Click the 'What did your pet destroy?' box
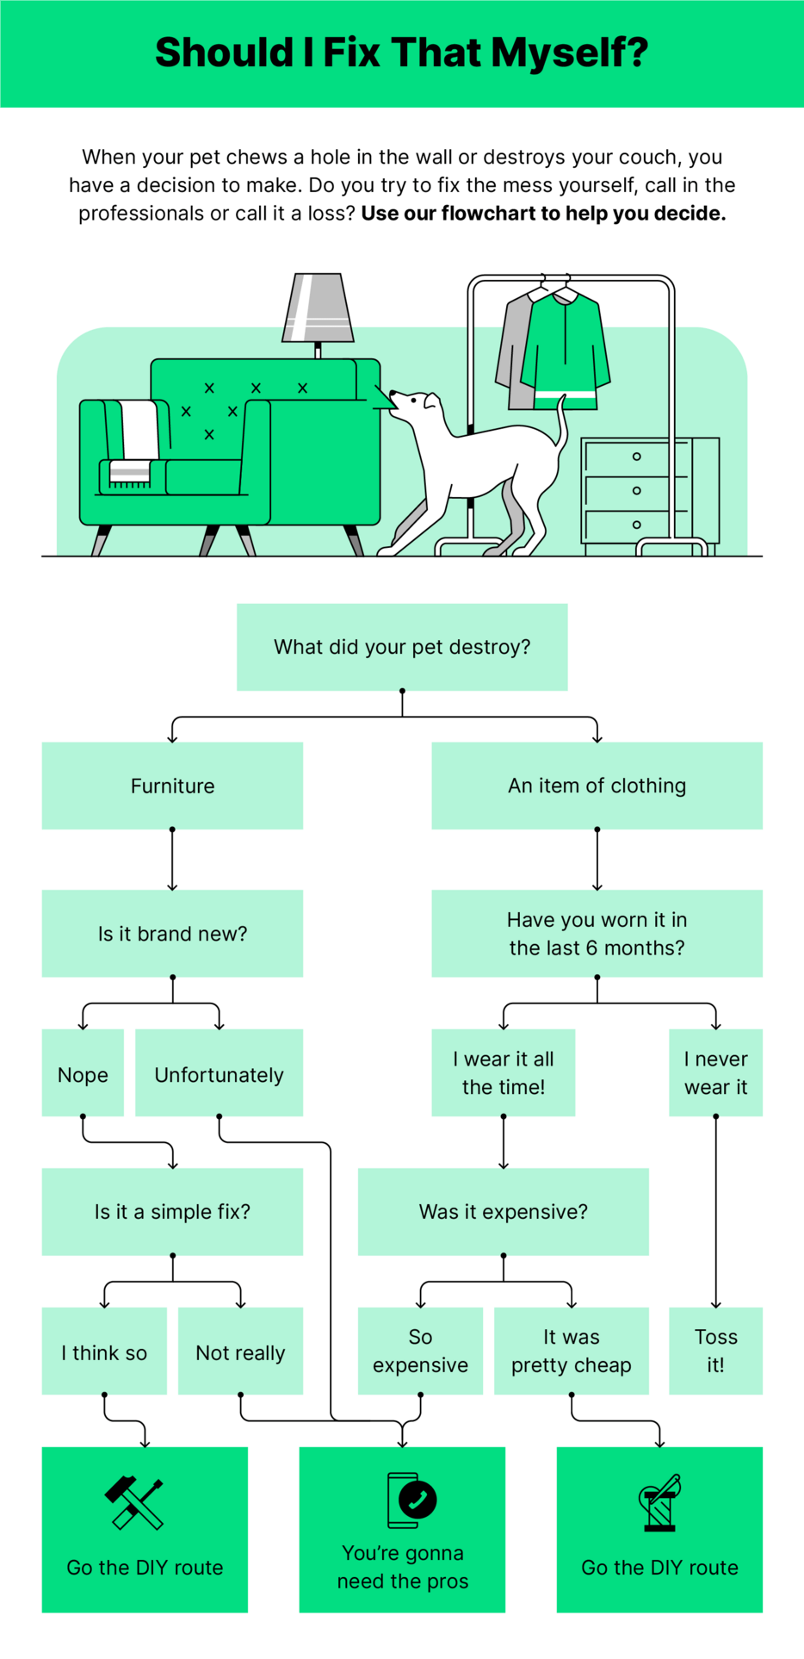pos(402,647)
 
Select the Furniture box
pos(172,786)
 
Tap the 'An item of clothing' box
pos(597,786)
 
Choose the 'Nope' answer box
pos(83,1073)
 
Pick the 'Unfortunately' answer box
pos(219,1073)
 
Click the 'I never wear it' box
pos(715,1072)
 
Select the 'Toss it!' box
pos(715,1351)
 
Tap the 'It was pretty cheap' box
pos(571,1351)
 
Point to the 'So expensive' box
pos(420,1351)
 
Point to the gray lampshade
pos(318,308)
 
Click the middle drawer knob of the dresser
pos(636,490)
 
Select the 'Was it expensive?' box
pos(503,1211)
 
